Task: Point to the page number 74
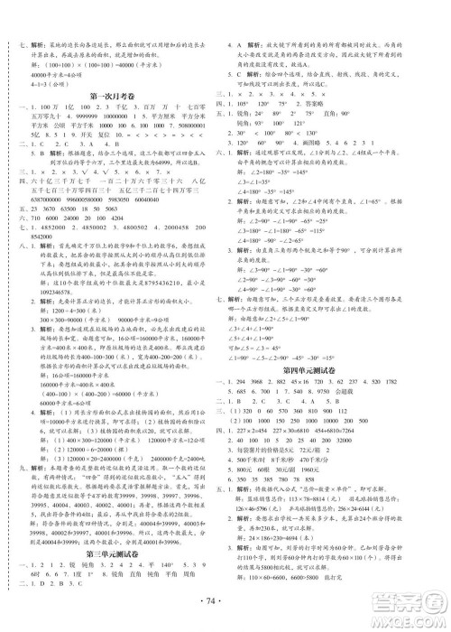[225, 601]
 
